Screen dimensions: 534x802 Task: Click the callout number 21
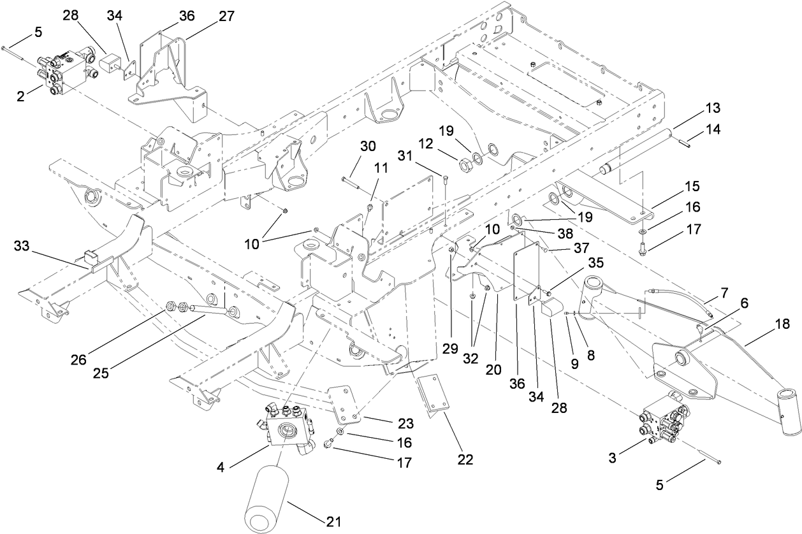coord(334,521)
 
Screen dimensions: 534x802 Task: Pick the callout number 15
coord(691,187)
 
